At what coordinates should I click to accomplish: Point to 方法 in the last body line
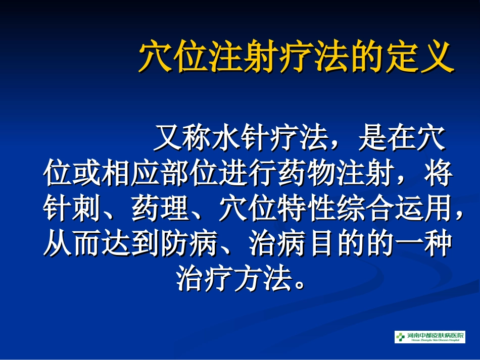(x=263, y=279)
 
